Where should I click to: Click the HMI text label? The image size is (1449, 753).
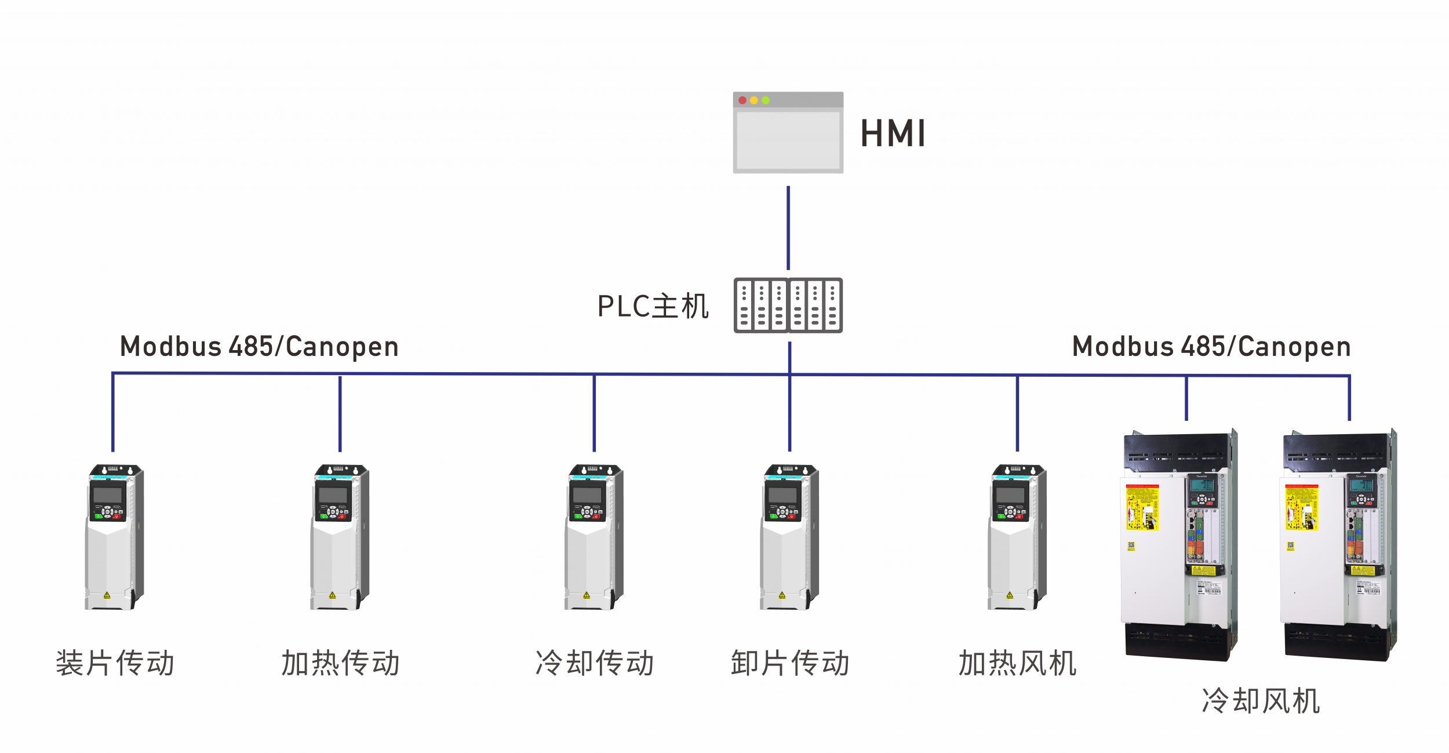893,133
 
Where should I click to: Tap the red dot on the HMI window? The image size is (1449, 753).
742,100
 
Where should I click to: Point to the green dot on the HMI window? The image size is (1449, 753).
766,100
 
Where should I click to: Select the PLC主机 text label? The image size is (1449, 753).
653,306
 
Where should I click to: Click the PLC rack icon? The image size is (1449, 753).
788,305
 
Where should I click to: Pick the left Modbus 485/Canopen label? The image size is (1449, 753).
259,347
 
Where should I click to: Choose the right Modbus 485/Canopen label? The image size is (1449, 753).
1211,347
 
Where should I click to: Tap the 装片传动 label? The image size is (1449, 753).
115,663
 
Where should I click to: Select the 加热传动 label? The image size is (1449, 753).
340,663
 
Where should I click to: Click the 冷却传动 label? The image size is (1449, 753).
594,663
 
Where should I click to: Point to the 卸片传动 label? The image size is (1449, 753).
789,663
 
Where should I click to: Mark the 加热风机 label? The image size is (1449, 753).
1017,663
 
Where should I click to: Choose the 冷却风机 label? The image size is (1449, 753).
1261,700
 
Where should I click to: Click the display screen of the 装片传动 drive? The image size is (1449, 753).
108,495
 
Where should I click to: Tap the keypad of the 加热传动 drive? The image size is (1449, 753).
333,511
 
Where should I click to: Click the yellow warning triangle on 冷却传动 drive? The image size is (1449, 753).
587,595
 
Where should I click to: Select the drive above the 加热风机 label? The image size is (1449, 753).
1017,536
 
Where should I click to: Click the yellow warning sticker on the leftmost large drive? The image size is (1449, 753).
1142,507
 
